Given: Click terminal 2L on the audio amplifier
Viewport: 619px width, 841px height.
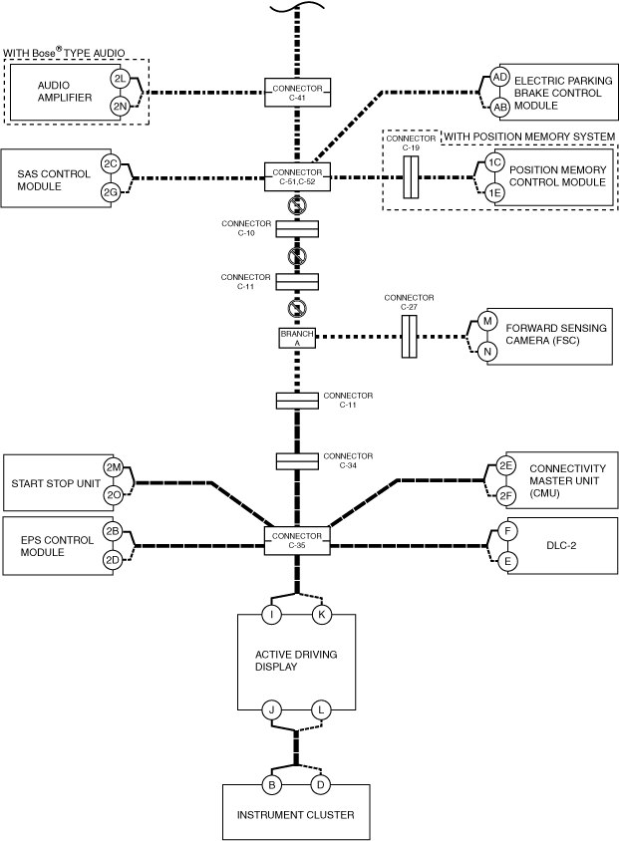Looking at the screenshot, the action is point(119,79).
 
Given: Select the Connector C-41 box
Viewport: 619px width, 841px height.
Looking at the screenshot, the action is point(297,93).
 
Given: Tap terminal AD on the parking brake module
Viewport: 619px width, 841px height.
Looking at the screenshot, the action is point(500,78).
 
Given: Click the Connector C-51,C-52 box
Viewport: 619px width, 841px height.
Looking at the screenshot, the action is point(297,176).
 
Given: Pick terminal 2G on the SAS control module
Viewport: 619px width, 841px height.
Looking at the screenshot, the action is point(111,191).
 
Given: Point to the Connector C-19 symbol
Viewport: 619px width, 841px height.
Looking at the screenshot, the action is point(411,177).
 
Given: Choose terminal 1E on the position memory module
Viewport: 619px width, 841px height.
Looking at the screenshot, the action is point(494,192).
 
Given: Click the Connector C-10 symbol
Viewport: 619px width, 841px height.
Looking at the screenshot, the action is point(297,229).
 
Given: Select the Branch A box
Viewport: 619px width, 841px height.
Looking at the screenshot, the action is point(297,338).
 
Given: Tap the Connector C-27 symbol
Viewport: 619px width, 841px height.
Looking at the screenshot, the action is point(410,336).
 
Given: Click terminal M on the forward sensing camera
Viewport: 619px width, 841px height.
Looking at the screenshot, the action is point(487,321).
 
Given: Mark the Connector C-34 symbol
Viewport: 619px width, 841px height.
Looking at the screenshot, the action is point(297,461).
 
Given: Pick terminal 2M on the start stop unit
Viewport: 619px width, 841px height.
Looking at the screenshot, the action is point(114,467).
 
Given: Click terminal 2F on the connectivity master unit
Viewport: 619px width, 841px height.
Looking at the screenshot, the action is point(505,496).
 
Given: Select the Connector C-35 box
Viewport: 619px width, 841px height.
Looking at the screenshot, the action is point(297,541).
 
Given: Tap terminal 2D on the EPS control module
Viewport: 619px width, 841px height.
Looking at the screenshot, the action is point(112,560).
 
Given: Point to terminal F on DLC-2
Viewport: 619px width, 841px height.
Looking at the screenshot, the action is point(507,531).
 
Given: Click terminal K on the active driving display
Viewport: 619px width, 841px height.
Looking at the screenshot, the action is point(321,615).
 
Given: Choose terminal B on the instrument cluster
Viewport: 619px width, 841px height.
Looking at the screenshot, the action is point(271,785).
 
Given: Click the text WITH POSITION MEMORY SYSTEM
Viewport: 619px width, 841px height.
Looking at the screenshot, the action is point(529,137).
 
